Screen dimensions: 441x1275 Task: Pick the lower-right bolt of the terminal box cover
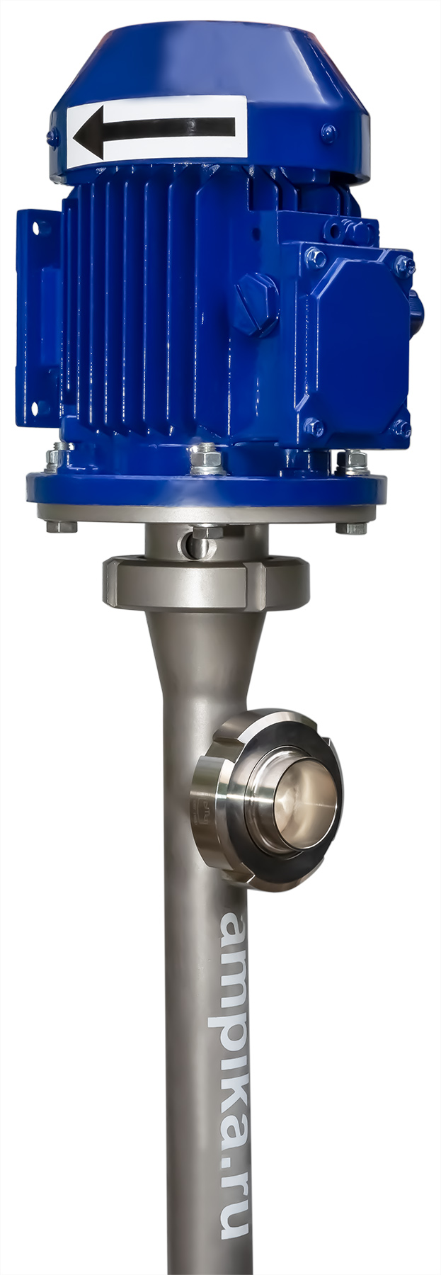tap(401, 427)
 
